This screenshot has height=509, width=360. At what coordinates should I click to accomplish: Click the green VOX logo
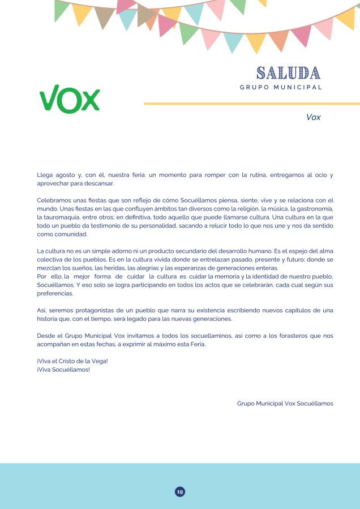click(x=70, y=99)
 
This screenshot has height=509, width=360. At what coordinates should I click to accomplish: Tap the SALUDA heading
click(x=288, y=73)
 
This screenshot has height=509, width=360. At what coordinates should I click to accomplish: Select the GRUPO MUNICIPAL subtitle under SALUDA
click(x=281, y=87)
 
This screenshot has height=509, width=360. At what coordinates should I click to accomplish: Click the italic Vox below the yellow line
click(x=313, y=117)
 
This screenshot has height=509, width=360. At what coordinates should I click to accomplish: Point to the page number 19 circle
click(x=180, y=491)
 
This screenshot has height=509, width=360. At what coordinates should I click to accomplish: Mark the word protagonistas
click(x=102, y=310)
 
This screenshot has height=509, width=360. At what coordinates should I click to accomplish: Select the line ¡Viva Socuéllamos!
click(x=63, y=369)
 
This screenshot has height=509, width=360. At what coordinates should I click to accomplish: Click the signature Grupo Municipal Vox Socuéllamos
click(x=285, y=403)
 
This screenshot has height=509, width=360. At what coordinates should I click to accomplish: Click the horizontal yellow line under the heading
click(x=252, y=103)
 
